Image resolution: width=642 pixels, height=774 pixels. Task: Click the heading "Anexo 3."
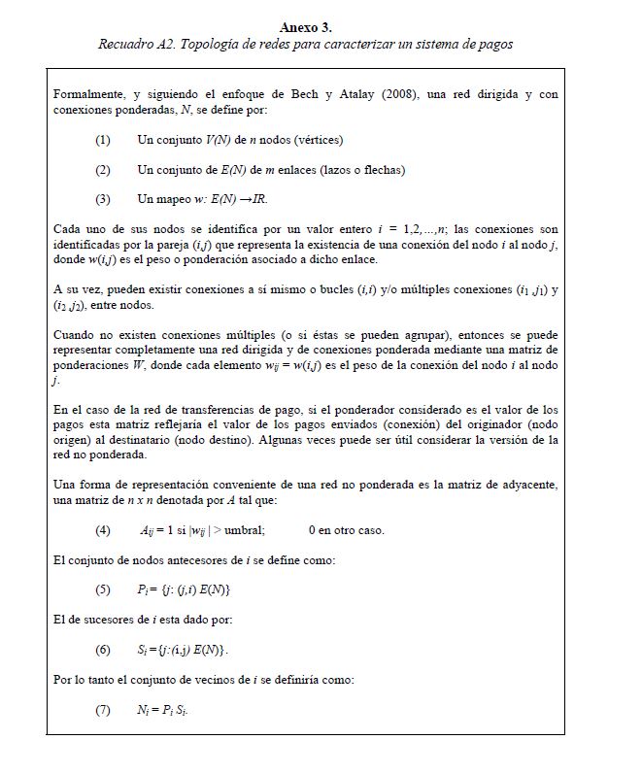pos(305,27)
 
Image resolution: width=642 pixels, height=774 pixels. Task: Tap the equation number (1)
pos(103,140)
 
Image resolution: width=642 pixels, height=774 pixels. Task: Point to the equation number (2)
pos(103,169)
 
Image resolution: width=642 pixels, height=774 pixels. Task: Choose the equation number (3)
pos(103,198)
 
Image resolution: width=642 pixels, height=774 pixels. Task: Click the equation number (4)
pos(103,531)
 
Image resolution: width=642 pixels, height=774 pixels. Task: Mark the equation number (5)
pos(103,589)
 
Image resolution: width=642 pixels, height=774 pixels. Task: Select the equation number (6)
pos(103,649)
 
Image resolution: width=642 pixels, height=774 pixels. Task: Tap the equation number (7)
pos(103,710)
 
